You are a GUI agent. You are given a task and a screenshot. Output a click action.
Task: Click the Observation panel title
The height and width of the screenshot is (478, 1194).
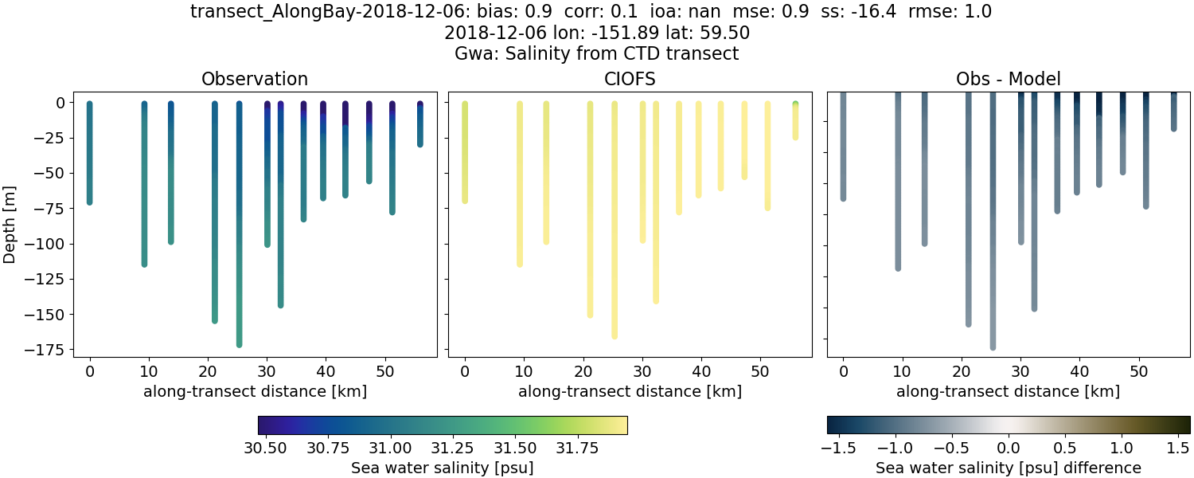(x=255, y=79)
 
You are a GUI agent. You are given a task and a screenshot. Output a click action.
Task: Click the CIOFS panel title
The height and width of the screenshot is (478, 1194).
(x=630, y=79)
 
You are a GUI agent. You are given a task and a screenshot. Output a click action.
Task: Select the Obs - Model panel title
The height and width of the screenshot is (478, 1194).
(x=1008, y=79)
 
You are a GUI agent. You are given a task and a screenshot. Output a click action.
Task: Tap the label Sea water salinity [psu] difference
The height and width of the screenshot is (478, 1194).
(x=1008, y=468)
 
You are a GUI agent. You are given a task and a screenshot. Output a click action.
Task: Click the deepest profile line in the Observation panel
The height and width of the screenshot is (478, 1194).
(x=239, y=239)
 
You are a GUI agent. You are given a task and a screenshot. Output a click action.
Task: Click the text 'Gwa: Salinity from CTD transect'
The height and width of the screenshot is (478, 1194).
(x=596, y=53)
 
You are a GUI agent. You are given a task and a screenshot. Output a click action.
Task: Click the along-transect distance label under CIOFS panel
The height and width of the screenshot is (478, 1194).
(x=630, y=391)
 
